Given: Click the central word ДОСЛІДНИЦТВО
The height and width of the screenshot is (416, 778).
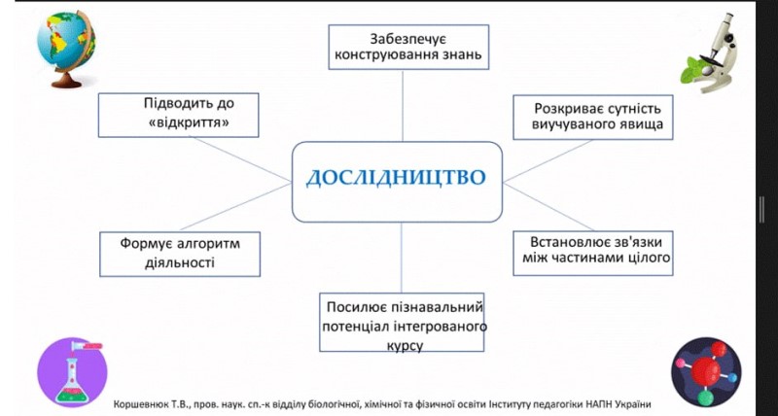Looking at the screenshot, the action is (x=396, y=178).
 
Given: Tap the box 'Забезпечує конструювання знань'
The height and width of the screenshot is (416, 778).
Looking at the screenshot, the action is (x=408, y=47).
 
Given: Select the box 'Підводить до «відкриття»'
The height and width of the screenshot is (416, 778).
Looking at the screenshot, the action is (x=178, y=115).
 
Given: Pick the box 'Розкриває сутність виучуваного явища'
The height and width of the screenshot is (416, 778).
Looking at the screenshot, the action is (x=593, y=118).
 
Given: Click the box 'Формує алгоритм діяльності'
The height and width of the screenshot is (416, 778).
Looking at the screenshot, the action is (x=180, y=254).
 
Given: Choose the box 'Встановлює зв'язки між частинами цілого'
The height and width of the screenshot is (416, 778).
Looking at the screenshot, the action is (x=593, y=253).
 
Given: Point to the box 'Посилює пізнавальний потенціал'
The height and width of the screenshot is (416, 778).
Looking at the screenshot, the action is (x=402, y=323).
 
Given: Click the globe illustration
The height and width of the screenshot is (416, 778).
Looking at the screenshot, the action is (x=66, y=49).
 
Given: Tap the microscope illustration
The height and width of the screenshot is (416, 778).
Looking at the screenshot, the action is (x=711, y=52).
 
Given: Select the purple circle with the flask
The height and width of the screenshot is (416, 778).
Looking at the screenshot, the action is (x=72, y=372).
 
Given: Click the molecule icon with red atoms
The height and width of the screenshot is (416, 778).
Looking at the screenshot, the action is (x=707, y=372).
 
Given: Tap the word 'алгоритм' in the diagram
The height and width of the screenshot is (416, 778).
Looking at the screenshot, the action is (x=201, y=244).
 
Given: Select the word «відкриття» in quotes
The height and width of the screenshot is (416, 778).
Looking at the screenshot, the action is (x=189, y=121).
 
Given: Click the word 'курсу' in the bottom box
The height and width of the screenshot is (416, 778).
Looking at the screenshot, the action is (x=405, y=345).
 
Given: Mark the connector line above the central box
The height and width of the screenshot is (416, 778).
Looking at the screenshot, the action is (x=403, y=106).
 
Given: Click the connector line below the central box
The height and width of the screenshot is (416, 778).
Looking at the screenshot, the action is (x=402, y=258).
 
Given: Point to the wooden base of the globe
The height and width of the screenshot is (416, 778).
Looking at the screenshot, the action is (x=66, y=81).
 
